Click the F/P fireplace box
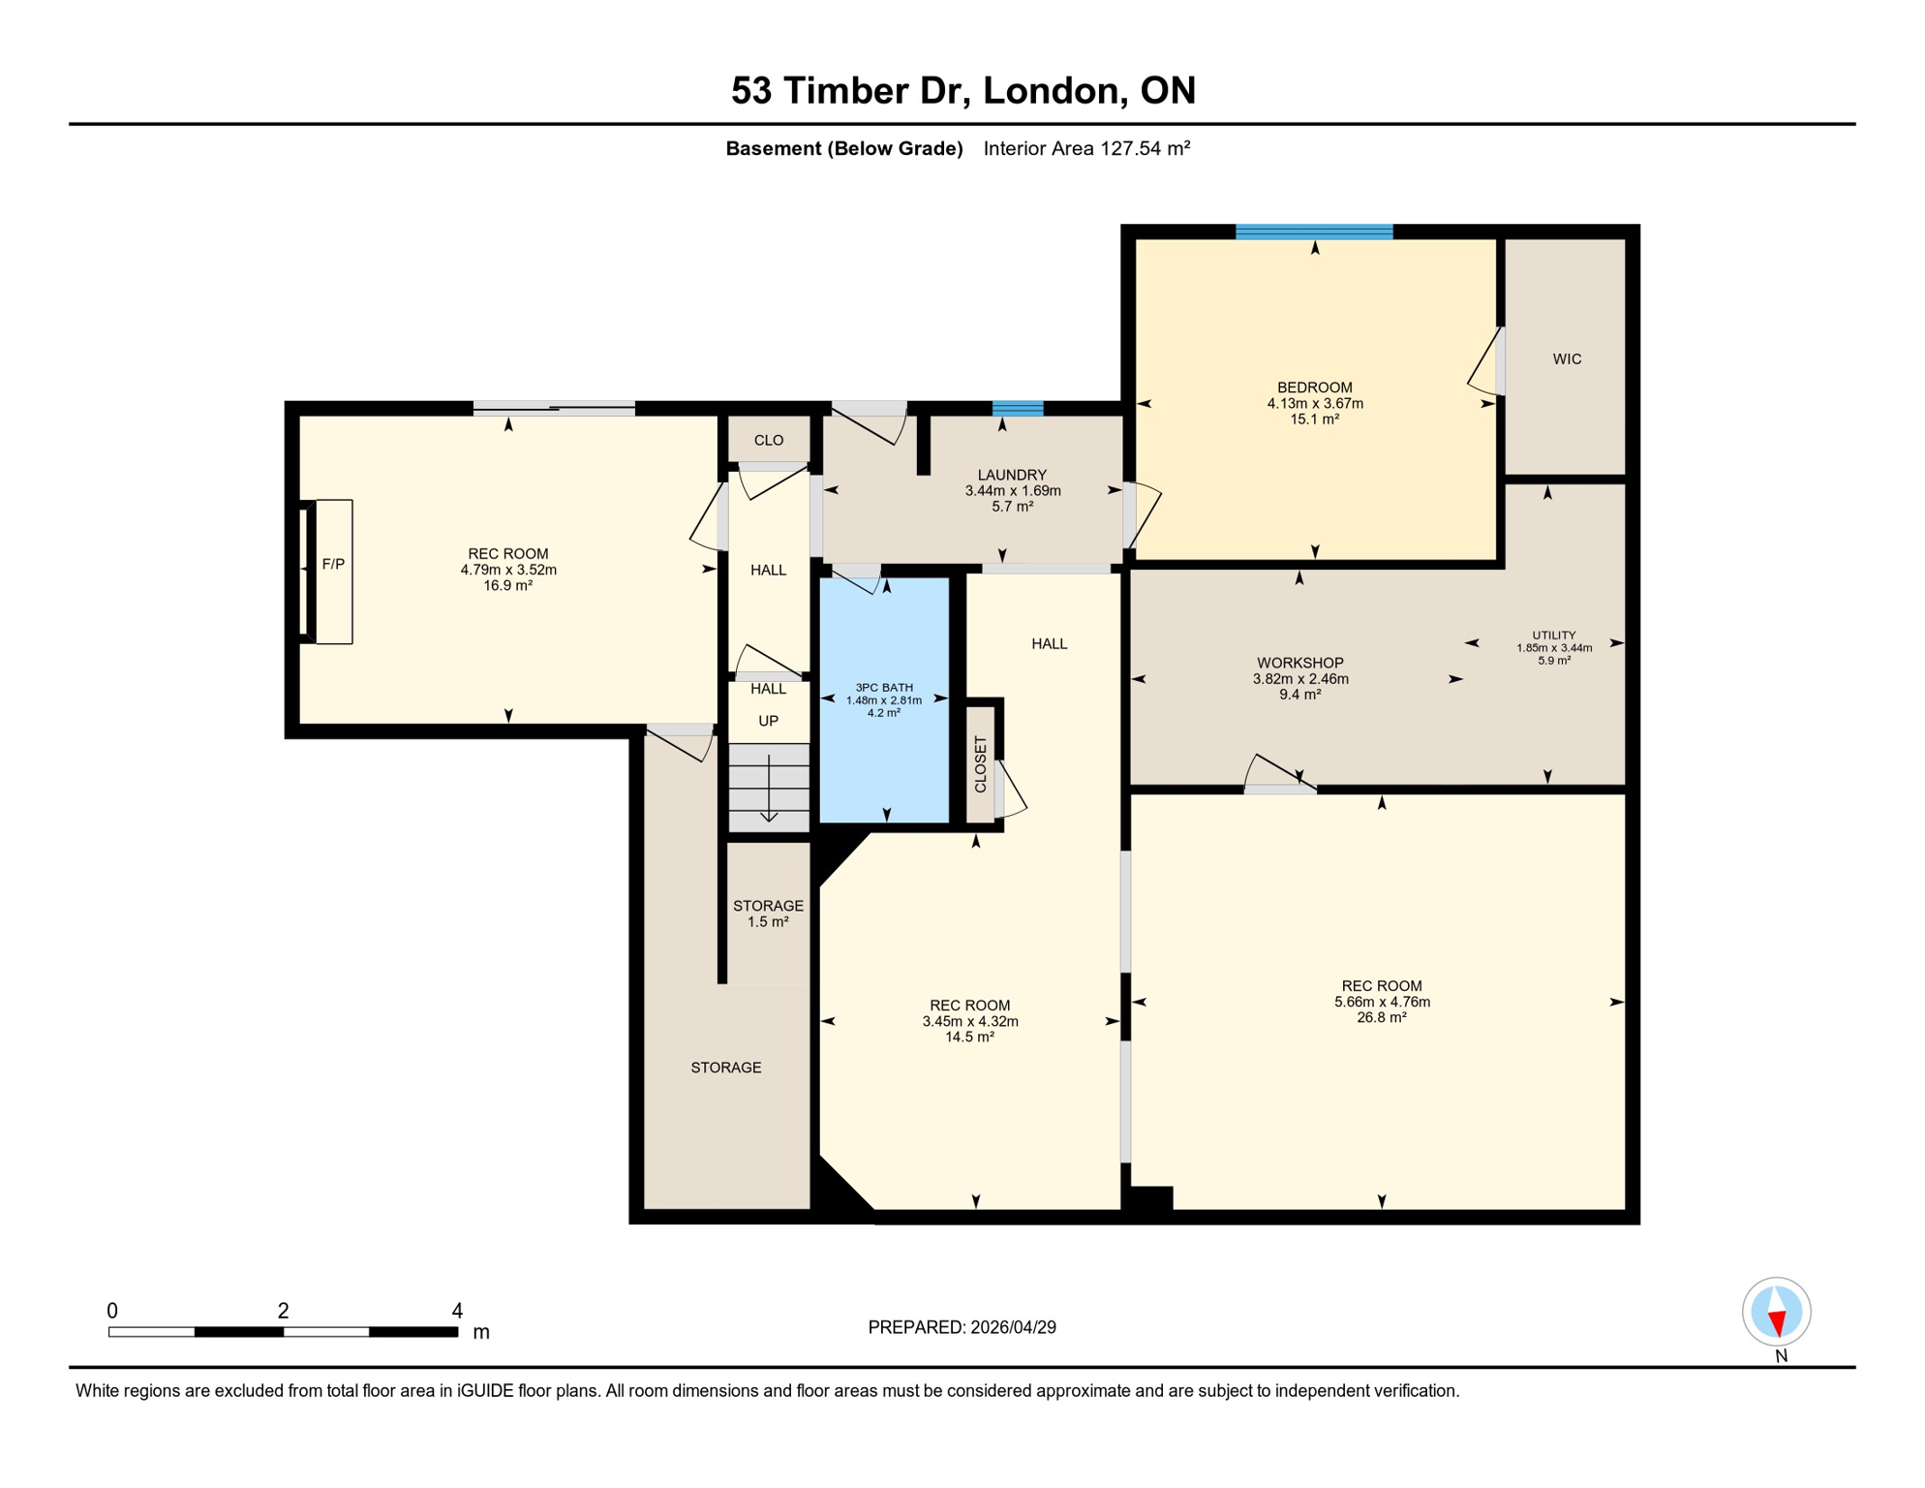(333, 571)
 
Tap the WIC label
(1566, 359)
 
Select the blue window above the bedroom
(1314, 232)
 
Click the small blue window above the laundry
(1018, 408)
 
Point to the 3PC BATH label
(883, 688)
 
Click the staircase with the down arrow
(769, 787)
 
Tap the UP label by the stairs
(768, 721)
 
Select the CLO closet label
(768, 441)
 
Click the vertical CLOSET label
(980, 764)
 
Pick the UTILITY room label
(1553, 635)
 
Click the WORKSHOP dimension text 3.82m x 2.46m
(1299, 679)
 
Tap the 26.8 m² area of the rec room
(1381, 1017)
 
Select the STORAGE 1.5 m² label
(768, 914)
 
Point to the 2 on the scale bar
(283, 1311)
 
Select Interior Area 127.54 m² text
(1085, 148)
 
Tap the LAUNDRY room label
(1012, 475)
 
